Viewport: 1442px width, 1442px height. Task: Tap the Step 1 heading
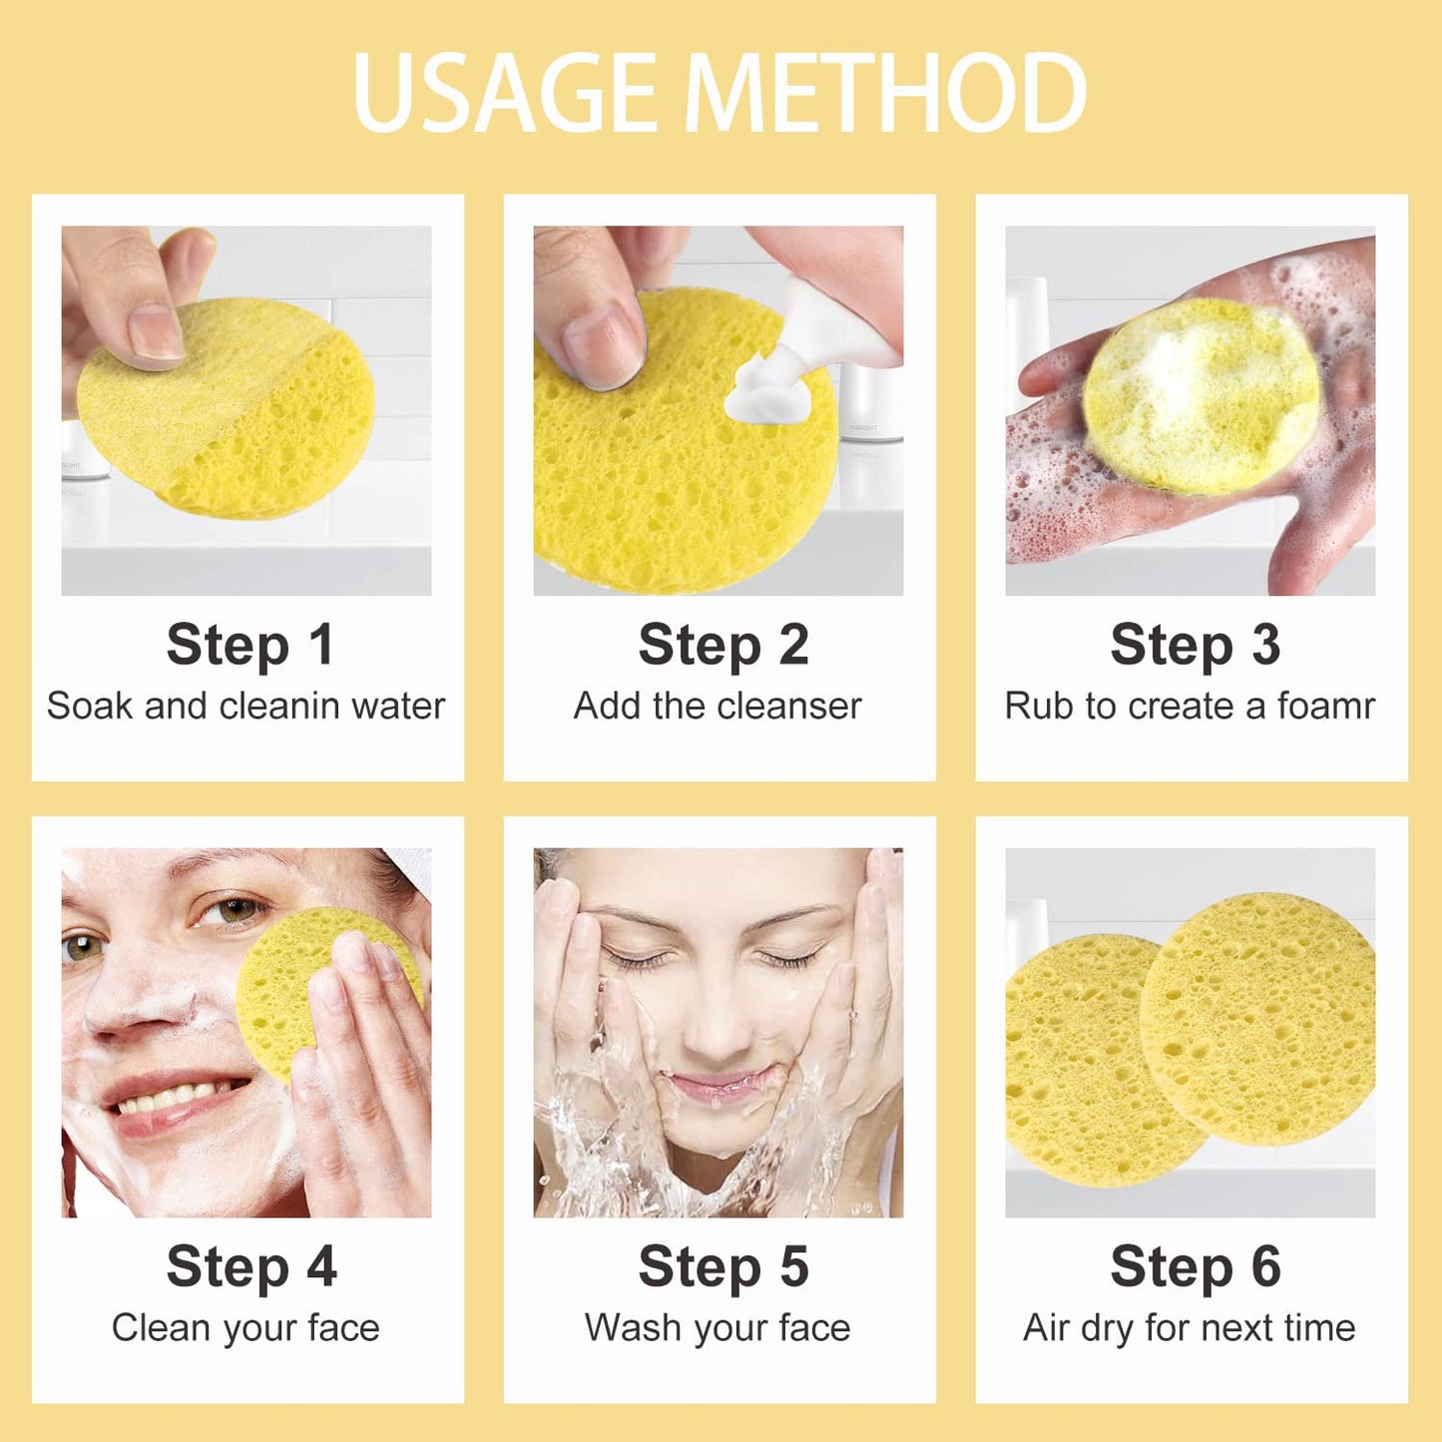pyautogui.click(x=249, y=645)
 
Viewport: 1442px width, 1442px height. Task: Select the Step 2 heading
pyautogui.click(x=722, y=645)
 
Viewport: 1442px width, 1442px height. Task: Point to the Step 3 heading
pyautogui.click(x=1195, y=645)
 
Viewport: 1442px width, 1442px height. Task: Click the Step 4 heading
pyautogui.click(x=250, y=1267)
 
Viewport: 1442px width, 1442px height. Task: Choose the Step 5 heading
pyautogui.click(x=722, y=1267)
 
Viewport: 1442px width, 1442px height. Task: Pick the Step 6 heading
pyautogui.click(x=1195, y=1267)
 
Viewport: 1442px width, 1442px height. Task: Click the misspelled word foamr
pyautogui.click(x=1326, y=707)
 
